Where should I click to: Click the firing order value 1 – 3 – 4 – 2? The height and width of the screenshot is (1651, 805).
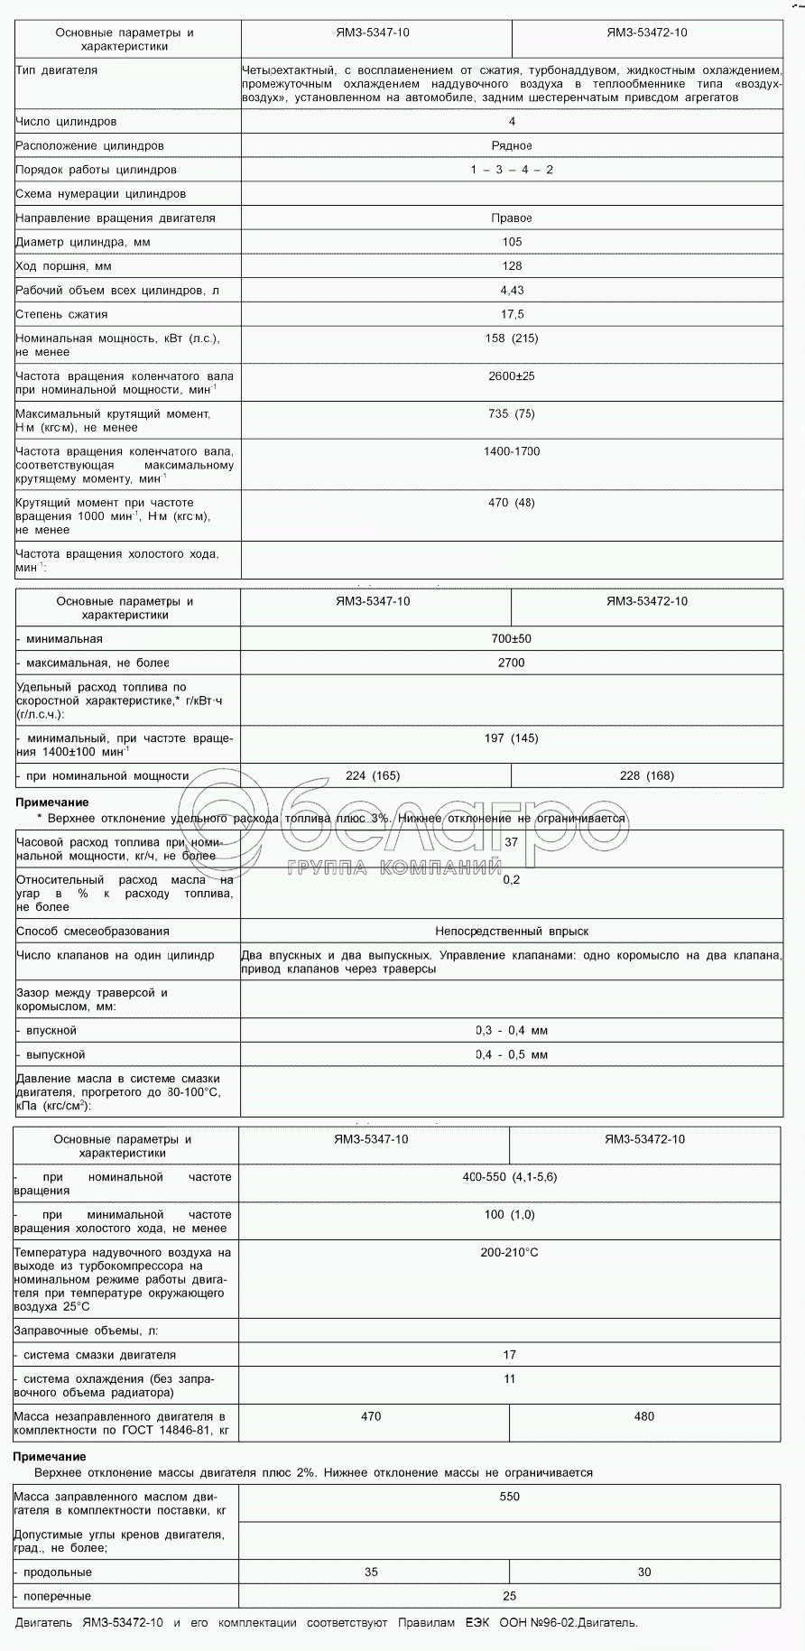[511, 170]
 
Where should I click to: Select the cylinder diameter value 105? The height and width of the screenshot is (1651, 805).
[512, 242]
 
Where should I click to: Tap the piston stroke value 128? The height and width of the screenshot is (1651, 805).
[512, 266]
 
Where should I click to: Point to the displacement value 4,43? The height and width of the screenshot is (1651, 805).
[512, 291]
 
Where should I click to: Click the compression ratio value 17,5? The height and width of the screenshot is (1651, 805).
[512, 315]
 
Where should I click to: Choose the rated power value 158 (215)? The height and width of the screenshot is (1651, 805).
[512, 339]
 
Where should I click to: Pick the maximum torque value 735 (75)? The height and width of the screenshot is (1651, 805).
[512, 414]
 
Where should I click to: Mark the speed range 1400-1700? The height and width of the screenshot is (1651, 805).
[512, 451]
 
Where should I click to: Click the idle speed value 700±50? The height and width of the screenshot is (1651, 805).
[512, 639]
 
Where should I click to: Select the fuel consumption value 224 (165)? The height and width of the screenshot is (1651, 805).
[373, 775]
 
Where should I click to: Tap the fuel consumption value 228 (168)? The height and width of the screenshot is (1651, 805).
[646, 775]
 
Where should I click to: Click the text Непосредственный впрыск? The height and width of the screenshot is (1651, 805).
[512, 932]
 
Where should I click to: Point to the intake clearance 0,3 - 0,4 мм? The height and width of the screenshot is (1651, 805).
[512, 1031]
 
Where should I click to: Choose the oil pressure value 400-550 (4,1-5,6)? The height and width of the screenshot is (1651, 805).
[510, 1177]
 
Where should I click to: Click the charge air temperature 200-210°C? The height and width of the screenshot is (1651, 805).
[510, 1253]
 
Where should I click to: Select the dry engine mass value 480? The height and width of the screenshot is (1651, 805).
[644, 1416]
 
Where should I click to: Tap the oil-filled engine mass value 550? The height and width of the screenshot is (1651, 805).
[510, 1497]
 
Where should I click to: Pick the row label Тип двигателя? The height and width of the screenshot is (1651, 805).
[57, 70]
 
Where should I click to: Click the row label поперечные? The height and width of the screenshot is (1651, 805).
[57, 1596]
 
